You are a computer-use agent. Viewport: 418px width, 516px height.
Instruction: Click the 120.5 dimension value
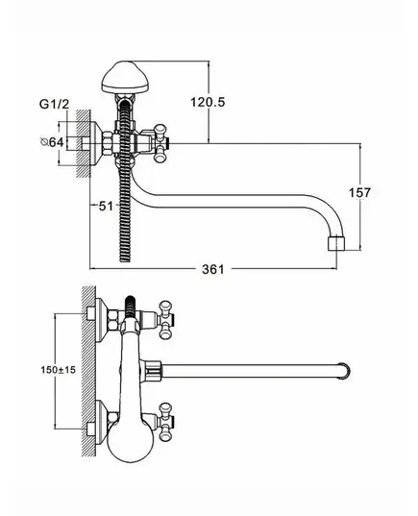click(x=208, y=103)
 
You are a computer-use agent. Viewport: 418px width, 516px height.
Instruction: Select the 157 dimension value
click(x=359, y=192)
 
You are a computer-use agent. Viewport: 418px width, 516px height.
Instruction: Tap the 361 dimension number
click(x=213, y=269)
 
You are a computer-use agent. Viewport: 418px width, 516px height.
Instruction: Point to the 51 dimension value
click(x=106, y=206)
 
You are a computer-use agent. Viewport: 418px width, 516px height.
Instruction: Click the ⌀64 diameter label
click(x=52, y=142)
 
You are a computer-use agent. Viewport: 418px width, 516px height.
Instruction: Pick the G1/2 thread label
click(x=55, y=104)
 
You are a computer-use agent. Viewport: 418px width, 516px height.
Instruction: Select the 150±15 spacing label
click(x=59, y=370)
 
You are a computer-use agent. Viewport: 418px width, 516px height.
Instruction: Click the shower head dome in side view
click(x=125, y=77)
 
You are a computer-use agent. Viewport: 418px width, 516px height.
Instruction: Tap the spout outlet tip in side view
click(x=337, y=243)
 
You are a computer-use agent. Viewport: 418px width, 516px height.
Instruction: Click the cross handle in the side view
click(x=160, y=143)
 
